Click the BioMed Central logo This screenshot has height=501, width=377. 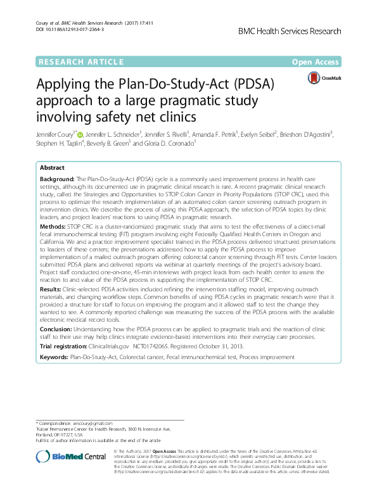(x=71, y=457)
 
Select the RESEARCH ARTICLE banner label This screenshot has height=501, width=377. (x=80, y=62)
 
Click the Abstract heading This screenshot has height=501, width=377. (x=52, y=168)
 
